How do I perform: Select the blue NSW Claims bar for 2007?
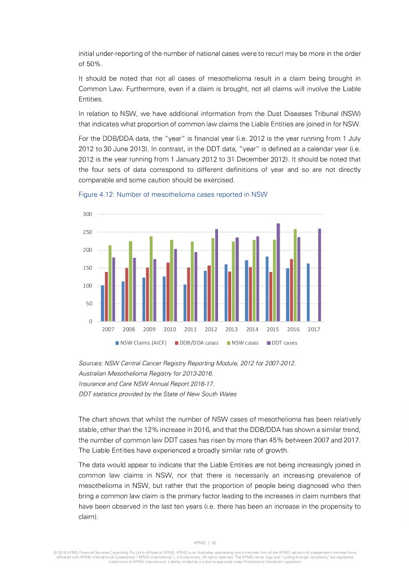[102, 303]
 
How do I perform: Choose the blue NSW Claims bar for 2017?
[308, 292]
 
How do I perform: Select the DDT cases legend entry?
[284, 343]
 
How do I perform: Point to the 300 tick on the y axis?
[88, 214]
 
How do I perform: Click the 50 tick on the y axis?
[89, 304]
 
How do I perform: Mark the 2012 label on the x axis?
[211, 329]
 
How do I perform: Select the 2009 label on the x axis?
[149, 329]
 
